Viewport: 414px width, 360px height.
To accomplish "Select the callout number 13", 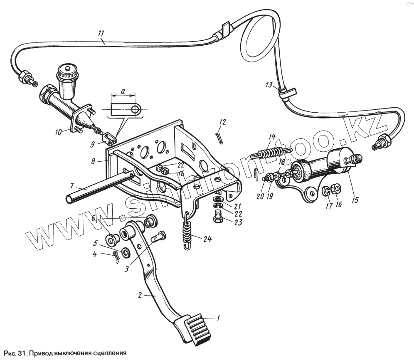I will click(269, 85).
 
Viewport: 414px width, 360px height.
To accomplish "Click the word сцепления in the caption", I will click(106, 353).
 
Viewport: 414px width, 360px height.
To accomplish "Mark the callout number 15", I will click(355, 200).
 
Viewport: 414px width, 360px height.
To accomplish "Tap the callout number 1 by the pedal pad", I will click(218, 318).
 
